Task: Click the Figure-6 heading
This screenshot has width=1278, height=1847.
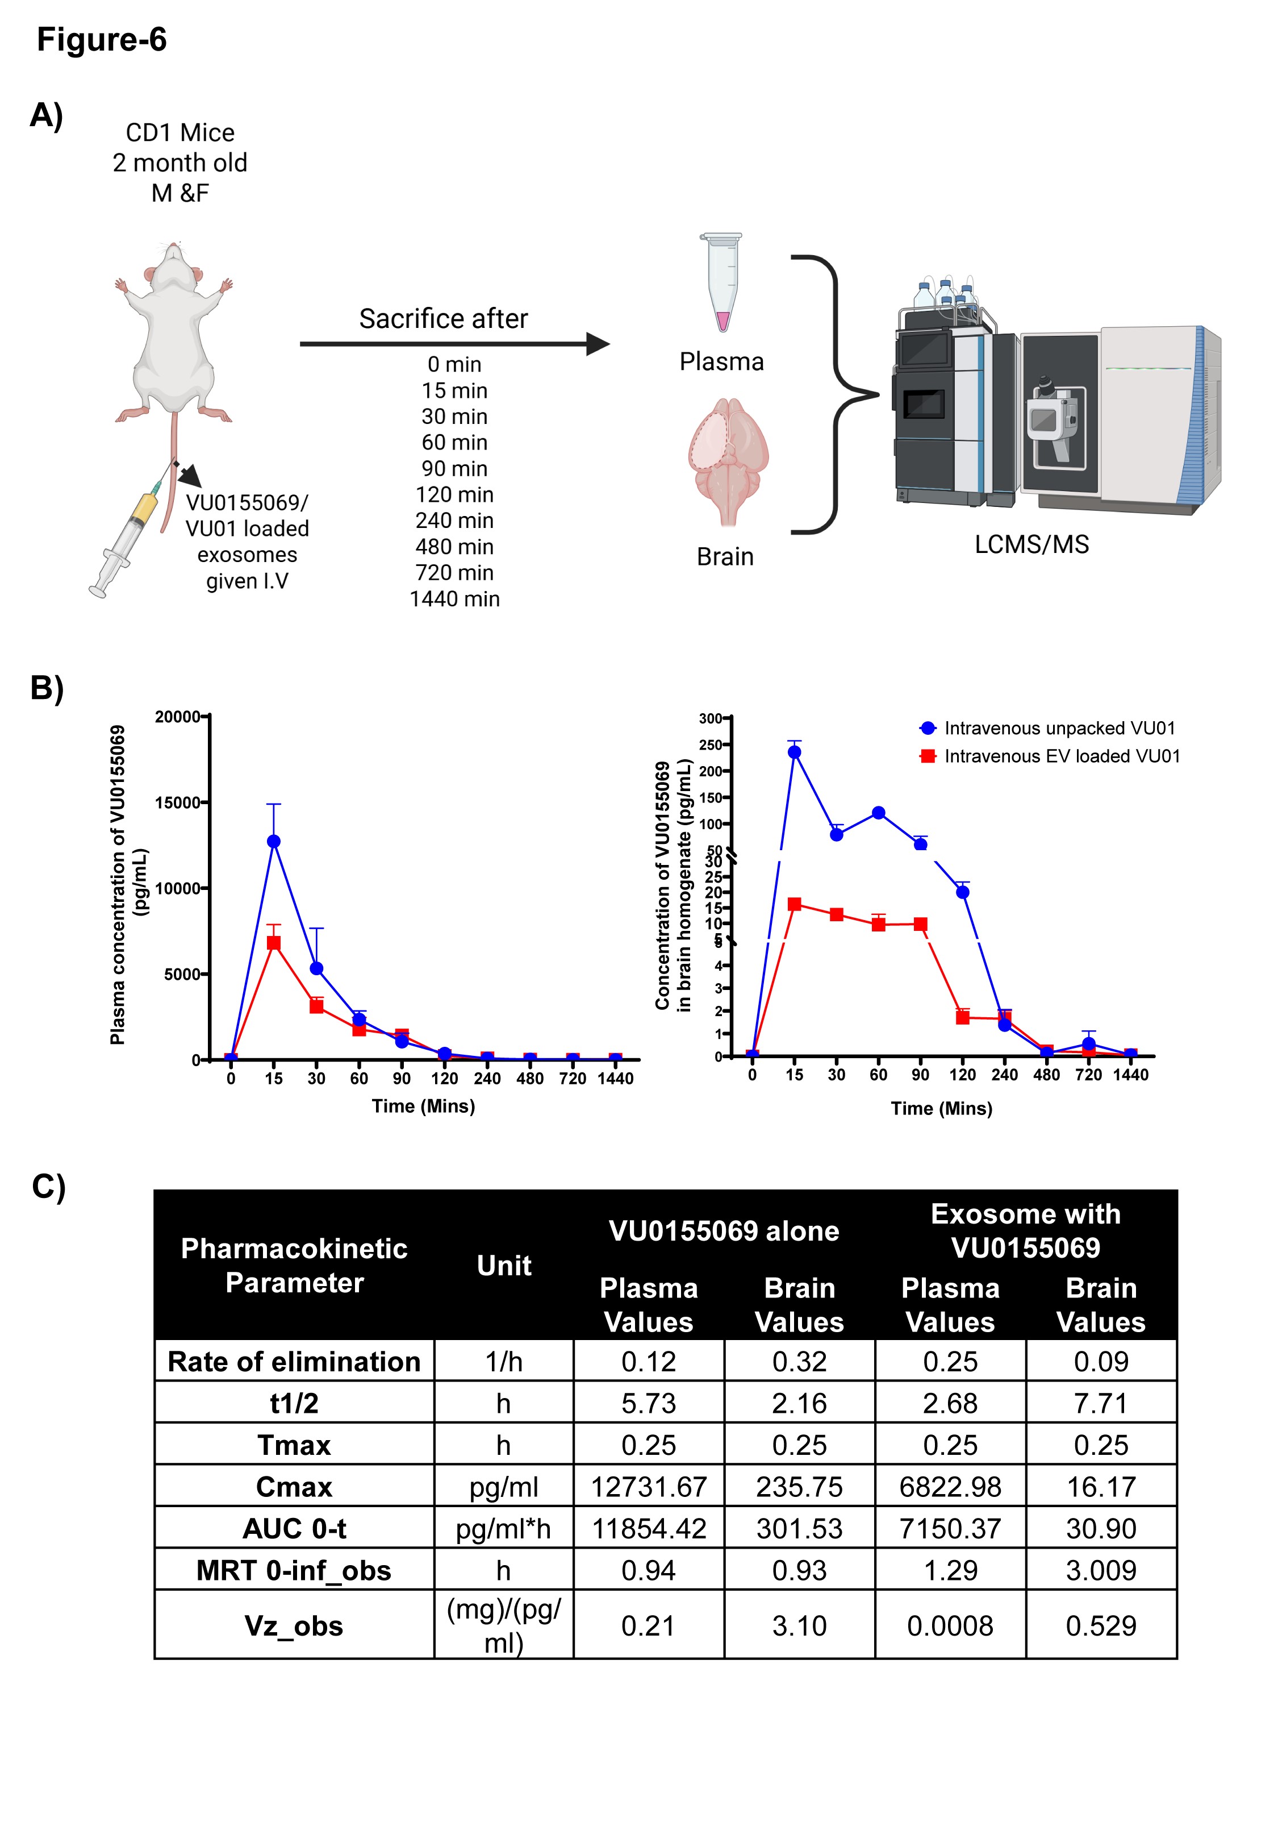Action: pyautogui.click(x=102, y=39)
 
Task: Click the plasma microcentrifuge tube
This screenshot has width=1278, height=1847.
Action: pyautogui.click(x=722, y=281)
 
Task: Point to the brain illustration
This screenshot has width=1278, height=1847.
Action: pyautogui.click(x=728, y=460)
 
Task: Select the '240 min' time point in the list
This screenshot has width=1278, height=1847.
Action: pyautogui.click(x=454, y=521)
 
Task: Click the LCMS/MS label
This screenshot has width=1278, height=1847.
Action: pyautogui.click(x=1031, y=544)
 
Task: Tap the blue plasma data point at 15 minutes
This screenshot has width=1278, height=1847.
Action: pyautogui.click(x=274, y=841)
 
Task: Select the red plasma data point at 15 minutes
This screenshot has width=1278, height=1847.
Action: pyautogui.click(x=274, y=943)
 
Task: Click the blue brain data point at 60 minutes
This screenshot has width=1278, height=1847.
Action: pyautogui.click(x=879, y=813)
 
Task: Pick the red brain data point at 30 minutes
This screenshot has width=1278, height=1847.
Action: pyautogui.click(x=836, y=914)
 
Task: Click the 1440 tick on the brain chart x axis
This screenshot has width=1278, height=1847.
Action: pyautogui.click(x=1130, y=1075)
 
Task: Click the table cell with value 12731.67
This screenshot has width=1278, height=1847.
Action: pyautogui.click(x=649, y=1487)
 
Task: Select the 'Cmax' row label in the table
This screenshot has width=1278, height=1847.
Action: pyautogui.click(x=294, y=1487)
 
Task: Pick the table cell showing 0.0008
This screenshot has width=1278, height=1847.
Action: pyautogui.click(x=950, y=1626)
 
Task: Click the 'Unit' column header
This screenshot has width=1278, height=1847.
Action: pyautogui.click(x=504, y=1266)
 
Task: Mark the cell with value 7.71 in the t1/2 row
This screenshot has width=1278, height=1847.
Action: pyautogui.click(x=1101, y=1403)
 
